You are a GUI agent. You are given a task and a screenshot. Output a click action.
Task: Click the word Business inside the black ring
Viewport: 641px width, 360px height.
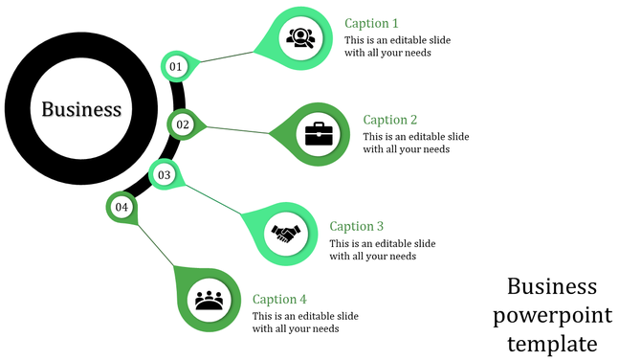(81, 109)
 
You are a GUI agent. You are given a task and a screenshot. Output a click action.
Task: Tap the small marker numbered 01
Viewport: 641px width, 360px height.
(176, 66)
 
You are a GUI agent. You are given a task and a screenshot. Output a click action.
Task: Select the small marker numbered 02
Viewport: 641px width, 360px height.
(183, 124)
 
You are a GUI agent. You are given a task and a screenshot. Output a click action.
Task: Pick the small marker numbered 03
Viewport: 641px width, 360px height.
(165, 175)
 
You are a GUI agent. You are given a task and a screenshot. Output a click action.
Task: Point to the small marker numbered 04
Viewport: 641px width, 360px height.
(122, 207)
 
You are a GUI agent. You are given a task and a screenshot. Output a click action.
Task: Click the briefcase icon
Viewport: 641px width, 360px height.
(319, 134)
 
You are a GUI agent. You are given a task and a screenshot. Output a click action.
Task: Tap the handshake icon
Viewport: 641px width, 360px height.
(285, 233)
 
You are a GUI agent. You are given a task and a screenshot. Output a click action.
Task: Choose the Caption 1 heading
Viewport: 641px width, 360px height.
(371, 23)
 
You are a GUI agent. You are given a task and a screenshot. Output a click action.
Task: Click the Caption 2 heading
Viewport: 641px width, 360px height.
(390, 120)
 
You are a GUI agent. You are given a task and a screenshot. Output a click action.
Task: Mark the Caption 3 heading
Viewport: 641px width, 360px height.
(356, 226)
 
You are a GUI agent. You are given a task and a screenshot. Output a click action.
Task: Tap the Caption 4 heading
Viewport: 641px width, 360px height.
(279, 300)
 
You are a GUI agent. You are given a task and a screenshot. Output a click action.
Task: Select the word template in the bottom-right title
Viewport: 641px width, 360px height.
(552, 343)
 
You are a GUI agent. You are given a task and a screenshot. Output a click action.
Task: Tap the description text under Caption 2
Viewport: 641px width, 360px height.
(415, 143)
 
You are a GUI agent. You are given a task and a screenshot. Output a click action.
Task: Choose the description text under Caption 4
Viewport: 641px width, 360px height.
(304, 323)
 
